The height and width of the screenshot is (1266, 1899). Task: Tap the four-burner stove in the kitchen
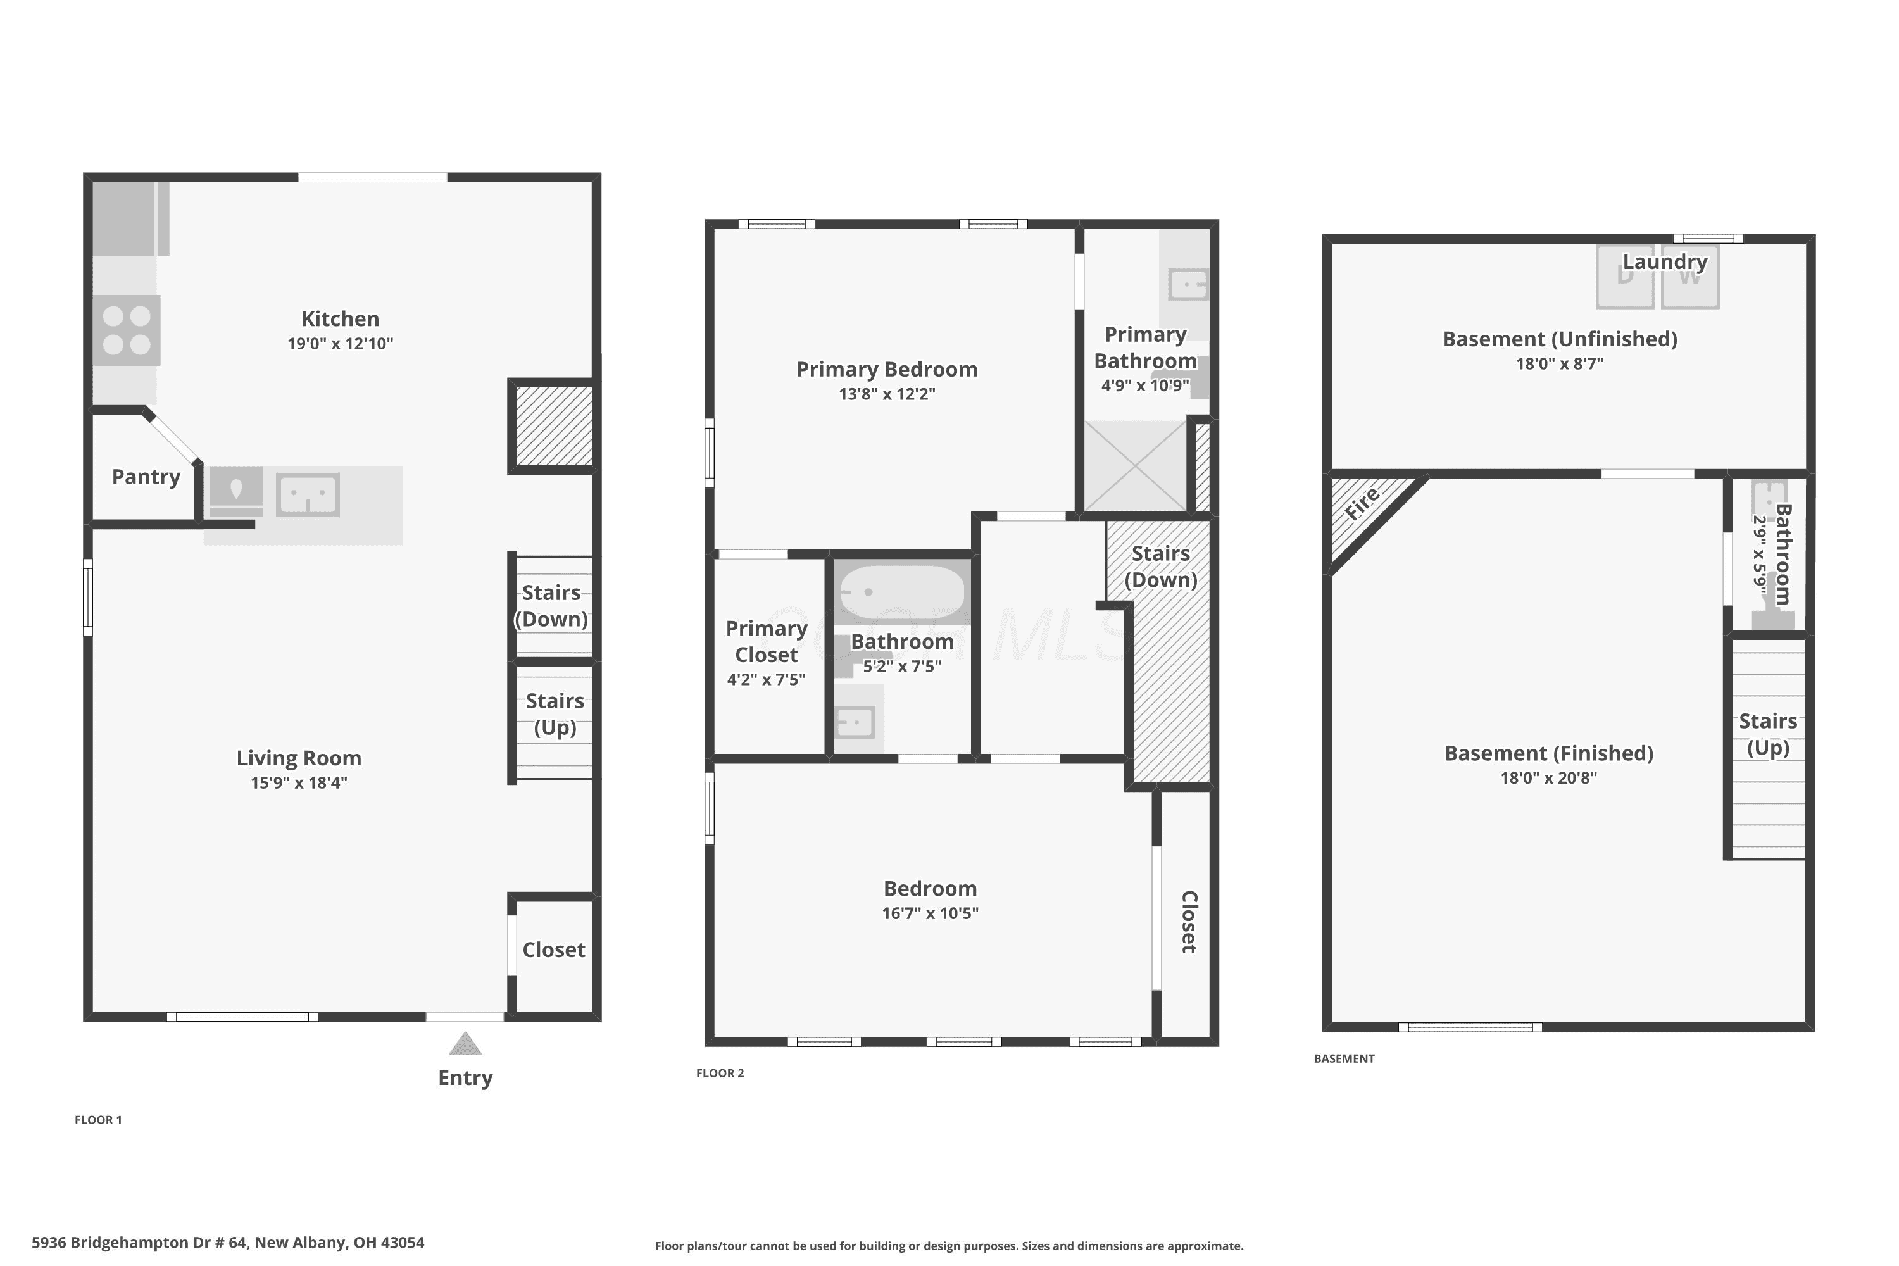pyautogui.click(x=127, y=330)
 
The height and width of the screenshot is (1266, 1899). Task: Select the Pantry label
pyautogui.click(x=146, y=477)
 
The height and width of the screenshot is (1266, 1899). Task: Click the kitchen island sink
pyautogui.click(x=308, y=495)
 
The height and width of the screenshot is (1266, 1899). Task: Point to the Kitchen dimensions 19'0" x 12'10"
pyautogui.click(x=340, y=343)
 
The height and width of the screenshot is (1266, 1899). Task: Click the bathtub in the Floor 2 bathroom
pyautogui.click(x=902, y=592)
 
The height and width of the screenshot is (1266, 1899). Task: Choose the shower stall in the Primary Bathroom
pyautogui.click(x=1134, y=466)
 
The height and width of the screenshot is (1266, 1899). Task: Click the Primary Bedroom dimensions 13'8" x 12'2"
pyautogui.click(x=887, y=394)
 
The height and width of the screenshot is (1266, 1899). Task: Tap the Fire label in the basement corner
pyautogui.click(x=1362, y=505)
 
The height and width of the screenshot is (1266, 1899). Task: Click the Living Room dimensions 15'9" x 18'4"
pyautogui.click(x=299, y=782)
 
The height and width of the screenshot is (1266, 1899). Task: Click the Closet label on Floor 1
pyautogui.click(x=553, y=949)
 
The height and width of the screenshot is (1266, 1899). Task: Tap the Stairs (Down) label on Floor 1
pyautogui.click(x=551, y=606)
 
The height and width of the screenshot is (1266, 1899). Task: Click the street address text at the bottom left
pyautogui.click(x=228, y=1243)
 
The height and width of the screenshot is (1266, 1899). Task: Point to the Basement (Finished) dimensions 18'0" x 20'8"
pyautogui.click(x=1548, y=779)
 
